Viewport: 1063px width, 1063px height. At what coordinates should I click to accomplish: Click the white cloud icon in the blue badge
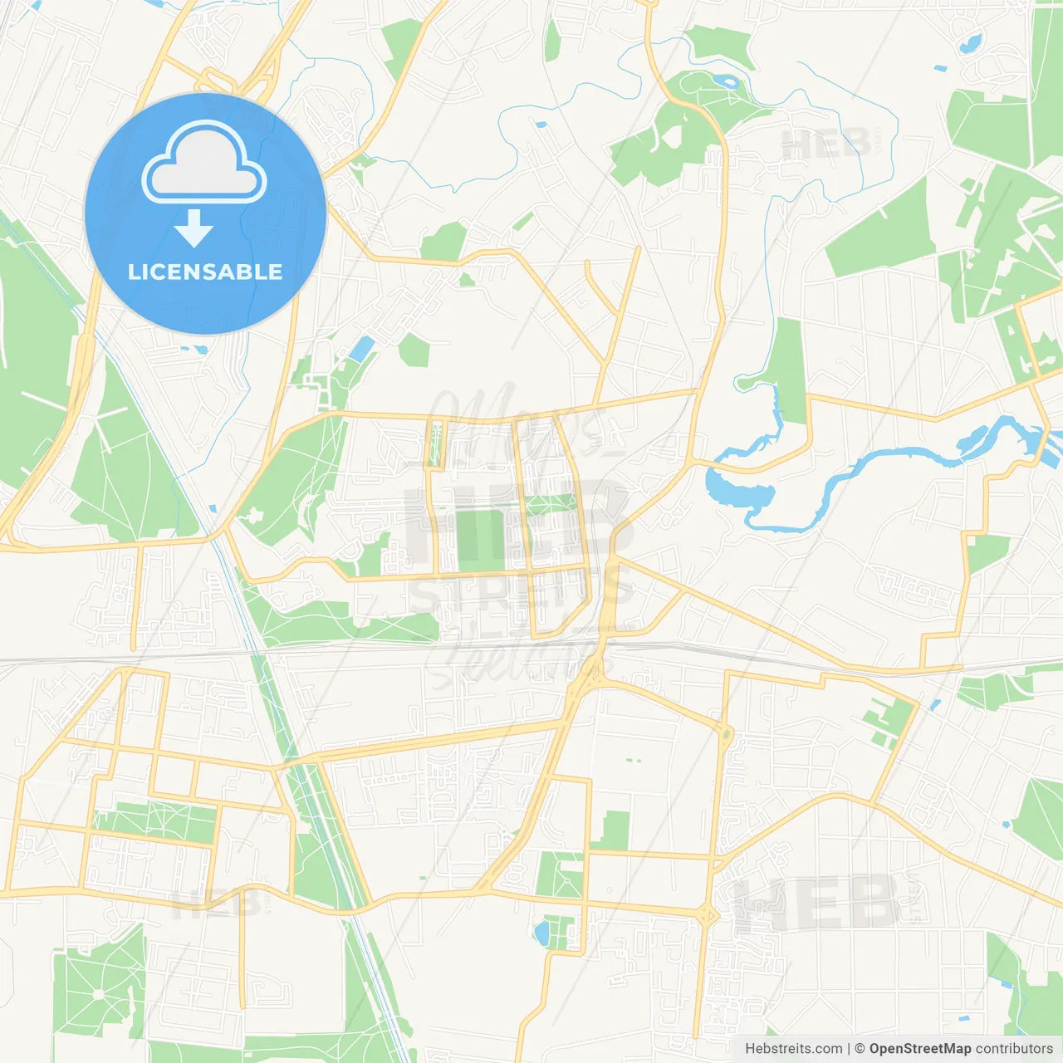click(204, 163)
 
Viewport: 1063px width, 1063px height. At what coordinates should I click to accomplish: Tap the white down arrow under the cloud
click(193, 228)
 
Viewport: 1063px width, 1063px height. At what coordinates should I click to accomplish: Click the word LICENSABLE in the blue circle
click(205, 272)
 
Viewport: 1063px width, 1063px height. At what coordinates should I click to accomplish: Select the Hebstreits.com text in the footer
click(794, 1049)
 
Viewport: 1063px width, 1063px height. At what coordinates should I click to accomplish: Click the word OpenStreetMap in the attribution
click(919, 1049)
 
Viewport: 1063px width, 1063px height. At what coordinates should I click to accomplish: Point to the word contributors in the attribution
click(1014, 1049)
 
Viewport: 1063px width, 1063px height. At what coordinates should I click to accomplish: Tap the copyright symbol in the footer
click(860, 1049)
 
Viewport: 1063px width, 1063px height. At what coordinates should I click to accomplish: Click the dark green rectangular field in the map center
click(480, 541)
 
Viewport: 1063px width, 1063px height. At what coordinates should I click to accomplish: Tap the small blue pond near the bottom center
click(542, 933)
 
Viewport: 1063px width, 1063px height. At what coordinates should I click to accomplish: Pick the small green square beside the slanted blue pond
click(414, 350)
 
